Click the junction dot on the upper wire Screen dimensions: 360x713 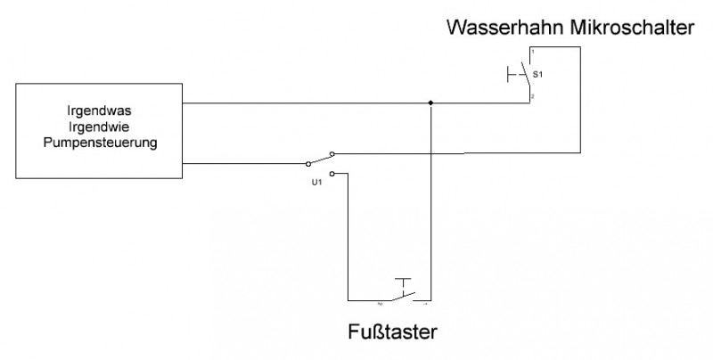[x=430, y=103]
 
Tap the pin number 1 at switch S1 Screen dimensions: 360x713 [x=531, y=54]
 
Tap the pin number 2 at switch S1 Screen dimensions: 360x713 [x=531, y=95]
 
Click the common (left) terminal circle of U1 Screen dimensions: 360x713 [x=309, y=163]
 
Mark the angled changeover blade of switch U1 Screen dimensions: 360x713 [x=320, y=159]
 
